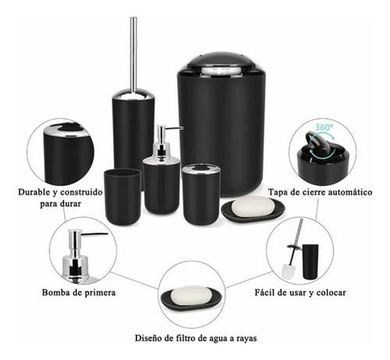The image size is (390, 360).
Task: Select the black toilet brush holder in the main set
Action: (133, 133)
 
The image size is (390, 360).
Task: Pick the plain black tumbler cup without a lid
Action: (122, 196)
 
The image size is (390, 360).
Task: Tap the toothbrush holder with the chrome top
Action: (200, 192)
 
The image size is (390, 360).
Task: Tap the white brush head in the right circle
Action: (288, 268)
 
